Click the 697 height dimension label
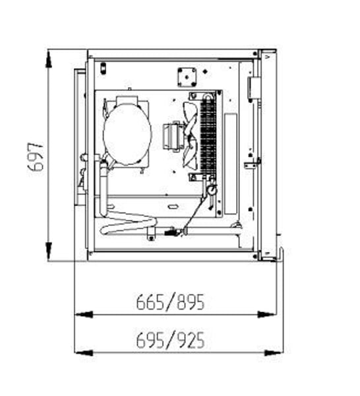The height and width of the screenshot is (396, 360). point(36,157)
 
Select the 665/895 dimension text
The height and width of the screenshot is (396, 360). point(170,302)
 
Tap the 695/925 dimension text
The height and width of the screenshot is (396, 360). point(170,340)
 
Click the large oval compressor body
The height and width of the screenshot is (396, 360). point(127,133)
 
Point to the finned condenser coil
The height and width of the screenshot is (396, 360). point(208,135)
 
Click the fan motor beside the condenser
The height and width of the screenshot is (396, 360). point(173,137)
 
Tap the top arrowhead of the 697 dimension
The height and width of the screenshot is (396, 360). point(49,59)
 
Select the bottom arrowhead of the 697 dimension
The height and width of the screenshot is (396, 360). point(49,251)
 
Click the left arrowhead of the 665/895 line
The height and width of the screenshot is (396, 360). point(84,315)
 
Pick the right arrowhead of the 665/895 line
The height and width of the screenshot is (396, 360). point(267,315)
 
